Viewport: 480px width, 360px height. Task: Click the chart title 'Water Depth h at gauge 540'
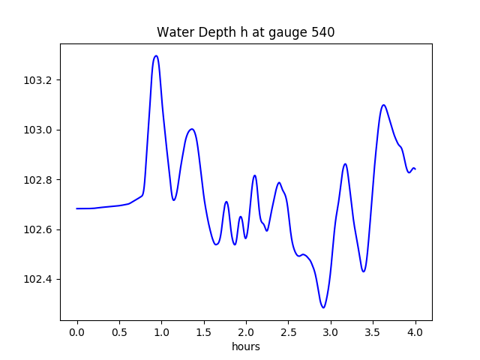tap(246, 33)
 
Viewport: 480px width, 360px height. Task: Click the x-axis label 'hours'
tap(246, 346)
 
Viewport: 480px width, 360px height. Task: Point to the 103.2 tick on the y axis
tap(39, 80)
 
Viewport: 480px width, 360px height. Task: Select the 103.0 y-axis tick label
tap(39, 130)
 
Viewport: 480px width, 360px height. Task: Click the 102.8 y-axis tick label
tap(39, 180)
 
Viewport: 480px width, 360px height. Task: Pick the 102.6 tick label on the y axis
tap(39, 229)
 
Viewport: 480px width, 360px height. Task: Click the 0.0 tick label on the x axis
tap(77, 331)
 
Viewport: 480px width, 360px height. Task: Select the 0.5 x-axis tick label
tap(119, 331)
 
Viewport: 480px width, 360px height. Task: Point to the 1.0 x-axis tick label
tap(161, 331)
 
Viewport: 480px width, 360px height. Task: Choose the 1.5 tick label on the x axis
tap(204, 331)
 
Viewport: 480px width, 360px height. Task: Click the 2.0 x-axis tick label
tap(246, 331)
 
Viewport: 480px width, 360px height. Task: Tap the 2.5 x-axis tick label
tap(288, 331)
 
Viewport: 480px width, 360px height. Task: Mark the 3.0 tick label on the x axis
tap(331, 331)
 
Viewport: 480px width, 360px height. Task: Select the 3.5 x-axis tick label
tap(373, 331)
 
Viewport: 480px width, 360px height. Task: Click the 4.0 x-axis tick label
tap(415, 331)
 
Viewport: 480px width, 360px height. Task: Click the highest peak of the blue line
tap(156, 55)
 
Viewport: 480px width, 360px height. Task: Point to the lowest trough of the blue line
tap(323, 307)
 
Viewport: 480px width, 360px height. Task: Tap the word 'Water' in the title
tap(172, 33)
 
